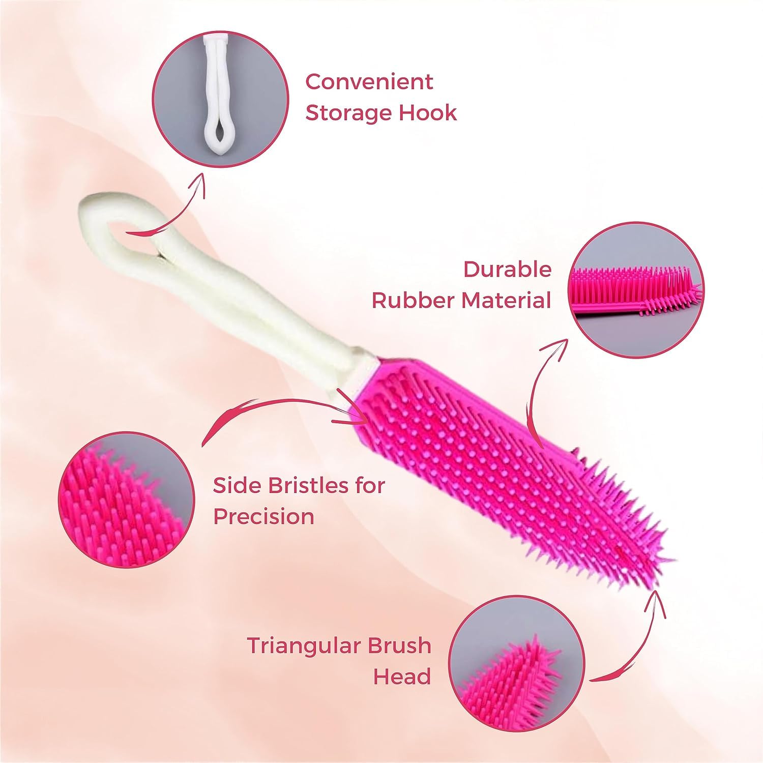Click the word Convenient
pos(369,82)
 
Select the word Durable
pos(507,270)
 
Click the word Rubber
pos(414,300)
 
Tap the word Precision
pos(263,516)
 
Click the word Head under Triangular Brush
pos(402,677)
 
